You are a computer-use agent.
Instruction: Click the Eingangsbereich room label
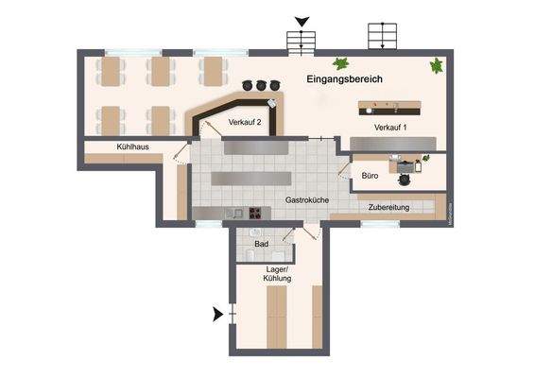[344, 80]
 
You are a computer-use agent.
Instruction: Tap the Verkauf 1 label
[389, 128]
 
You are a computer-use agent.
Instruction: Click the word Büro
[371, 176]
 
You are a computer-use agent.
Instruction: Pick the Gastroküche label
[306, 200]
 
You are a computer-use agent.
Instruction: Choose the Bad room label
[262, 243]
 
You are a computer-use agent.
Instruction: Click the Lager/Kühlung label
[278, 274]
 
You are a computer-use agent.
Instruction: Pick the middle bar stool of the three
[262, 86]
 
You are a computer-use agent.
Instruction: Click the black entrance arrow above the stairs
[302, 21]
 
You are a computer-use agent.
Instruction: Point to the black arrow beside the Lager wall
[219, 314]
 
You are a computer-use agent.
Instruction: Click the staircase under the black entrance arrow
[301, 41]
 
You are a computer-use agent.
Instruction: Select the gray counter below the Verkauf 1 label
[392, 142]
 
